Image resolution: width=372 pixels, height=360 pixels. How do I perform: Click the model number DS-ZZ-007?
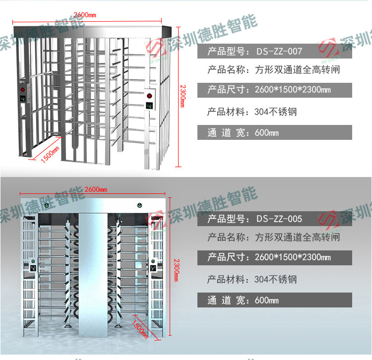(279, 51)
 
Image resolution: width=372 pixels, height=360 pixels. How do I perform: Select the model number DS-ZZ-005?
(279, 218)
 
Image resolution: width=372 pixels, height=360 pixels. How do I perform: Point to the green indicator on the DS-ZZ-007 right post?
(149, 105)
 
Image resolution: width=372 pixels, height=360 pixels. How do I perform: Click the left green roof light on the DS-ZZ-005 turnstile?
(46, 203)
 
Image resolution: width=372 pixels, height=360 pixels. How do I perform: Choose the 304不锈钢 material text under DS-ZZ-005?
(276, 279)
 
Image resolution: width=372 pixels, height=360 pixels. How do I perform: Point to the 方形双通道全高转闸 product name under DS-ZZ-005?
(298, 237)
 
